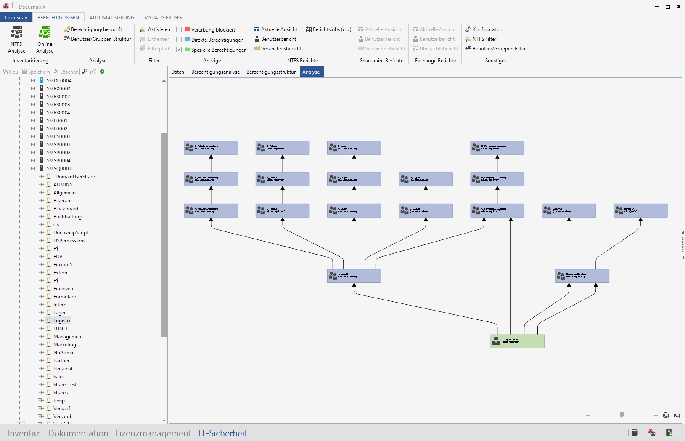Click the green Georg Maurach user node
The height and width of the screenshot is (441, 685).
517,341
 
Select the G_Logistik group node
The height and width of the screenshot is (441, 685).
354,276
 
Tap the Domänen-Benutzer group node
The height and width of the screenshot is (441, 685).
582,276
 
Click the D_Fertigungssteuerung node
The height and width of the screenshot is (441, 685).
497,148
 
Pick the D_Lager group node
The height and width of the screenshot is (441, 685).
354,148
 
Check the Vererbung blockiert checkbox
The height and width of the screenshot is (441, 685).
179,29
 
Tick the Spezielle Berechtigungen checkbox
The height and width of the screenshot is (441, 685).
179,50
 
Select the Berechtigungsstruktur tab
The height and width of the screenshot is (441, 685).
271,72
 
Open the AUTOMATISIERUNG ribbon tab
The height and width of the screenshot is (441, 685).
112,18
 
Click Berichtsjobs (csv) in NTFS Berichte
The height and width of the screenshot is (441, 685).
328,29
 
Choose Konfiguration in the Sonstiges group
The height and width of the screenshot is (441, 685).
487,29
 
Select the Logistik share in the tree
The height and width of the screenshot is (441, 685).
62,321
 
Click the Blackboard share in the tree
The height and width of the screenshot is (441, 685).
66,209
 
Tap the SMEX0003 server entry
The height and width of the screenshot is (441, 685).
58,89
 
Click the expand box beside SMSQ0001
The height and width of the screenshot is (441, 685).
33,169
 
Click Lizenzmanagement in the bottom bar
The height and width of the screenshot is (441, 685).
153,433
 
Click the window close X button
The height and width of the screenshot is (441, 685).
679,7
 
